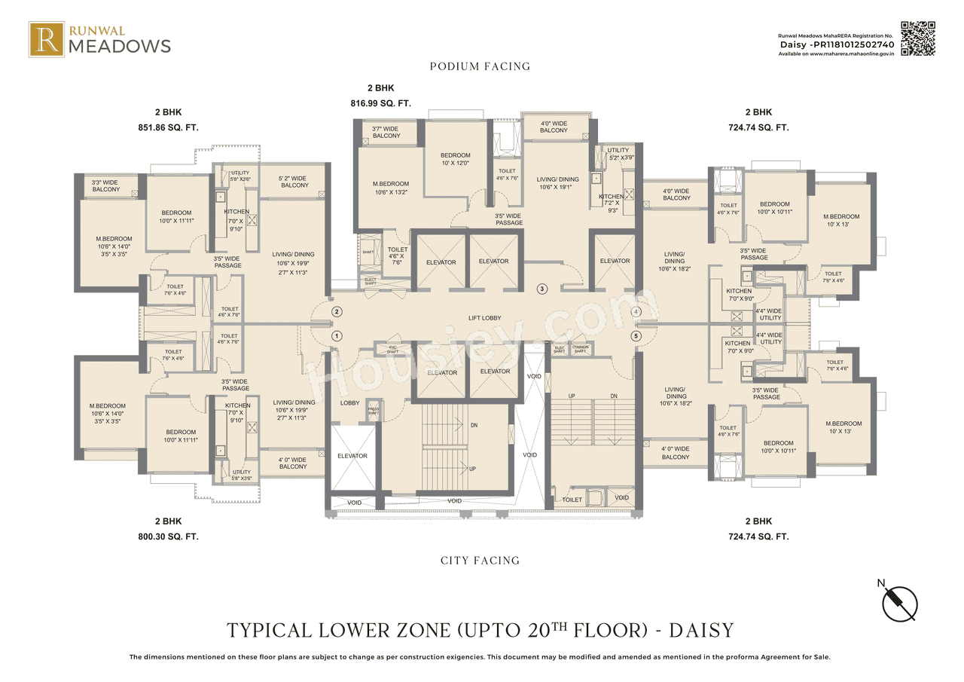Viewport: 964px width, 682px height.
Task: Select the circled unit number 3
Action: (541, 289)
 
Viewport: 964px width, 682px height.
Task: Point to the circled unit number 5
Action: (636, 336)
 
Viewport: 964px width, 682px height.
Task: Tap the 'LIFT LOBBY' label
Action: (484, 318)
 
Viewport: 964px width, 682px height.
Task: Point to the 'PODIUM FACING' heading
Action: (480, 66)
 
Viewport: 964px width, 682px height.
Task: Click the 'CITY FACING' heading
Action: (480, 561)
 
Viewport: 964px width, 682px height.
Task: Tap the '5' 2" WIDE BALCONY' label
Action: (294, 181)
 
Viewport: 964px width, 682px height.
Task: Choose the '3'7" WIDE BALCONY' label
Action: (386, 132)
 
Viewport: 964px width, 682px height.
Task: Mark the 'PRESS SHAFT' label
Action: (373, 412)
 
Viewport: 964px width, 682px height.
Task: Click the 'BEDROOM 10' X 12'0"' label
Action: (456, 160)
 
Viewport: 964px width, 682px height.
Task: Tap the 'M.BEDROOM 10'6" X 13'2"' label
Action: (390, 188)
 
